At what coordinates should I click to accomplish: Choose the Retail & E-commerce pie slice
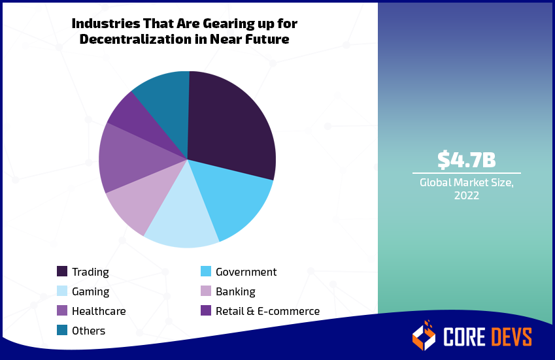coord(129,112)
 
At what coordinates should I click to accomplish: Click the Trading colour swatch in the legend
coord(62,272)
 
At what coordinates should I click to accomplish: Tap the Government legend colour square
coord(205,272)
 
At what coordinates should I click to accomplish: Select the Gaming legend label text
coord(90,291)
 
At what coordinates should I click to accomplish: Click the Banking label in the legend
coord(235,291)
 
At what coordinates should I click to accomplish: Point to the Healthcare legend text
coord(99,311)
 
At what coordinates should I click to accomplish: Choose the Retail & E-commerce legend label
coord(267,311)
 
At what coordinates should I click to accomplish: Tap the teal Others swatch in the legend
coord(62,331)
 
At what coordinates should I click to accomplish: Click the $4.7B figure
coord(466,159)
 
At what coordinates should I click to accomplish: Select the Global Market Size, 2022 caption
coord(466,189)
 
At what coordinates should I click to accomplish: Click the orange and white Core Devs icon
coord(424,336)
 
